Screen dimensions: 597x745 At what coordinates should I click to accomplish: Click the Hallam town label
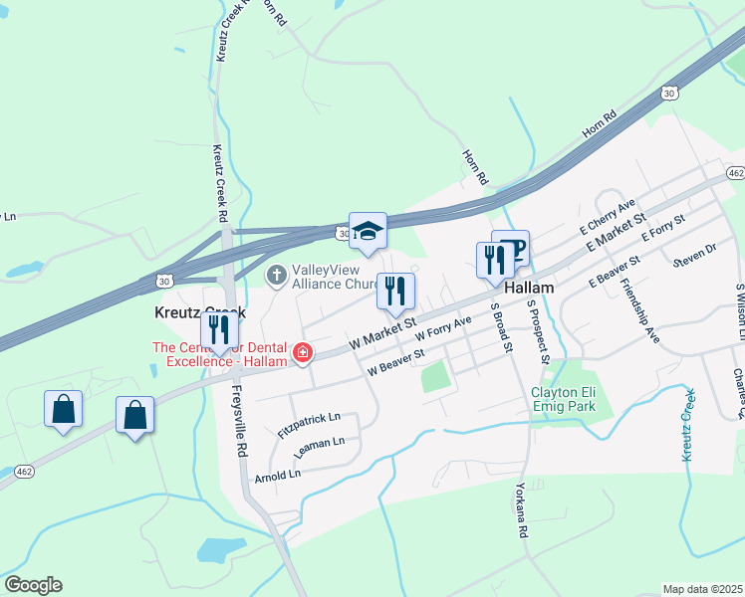(x=528, y=286)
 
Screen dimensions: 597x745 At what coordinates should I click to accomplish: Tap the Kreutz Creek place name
(x=199, y=311)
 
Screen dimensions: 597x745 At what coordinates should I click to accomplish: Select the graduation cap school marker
(x=368, y=232)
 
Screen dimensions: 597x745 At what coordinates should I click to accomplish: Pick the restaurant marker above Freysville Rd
(x=220, y=330)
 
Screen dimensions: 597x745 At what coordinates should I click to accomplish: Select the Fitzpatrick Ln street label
(x=310, y=427)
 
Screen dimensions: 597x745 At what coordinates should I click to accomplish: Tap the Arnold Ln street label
(x=278, y=475)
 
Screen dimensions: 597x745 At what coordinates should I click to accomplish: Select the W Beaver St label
(x=395, y=362)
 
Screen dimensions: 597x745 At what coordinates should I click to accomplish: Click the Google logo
(x=33, y=585)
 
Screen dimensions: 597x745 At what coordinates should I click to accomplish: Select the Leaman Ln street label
(x=319, y=448)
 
